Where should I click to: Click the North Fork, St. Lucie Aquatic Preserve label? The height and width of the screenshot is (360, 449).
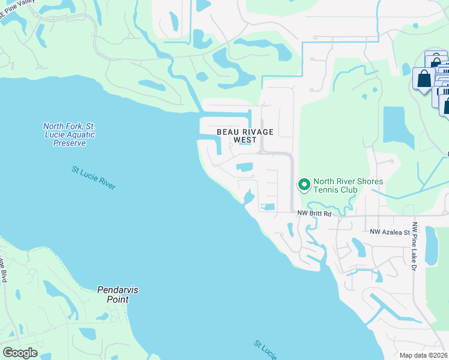coord(69,134)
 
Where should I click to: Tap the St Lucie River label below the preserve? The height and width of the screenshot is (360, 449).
coord(93,178)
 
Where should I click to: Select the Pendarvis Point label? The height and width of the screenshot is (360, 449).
coord(118,294)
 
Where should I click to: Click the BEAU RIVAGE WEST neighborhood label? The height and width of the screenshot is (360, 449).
coord(245,136)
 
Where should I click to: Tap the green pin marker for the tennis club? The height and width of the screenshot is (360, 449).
coord(304,185)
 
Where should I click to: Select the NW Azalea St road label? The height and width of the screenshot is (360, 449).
coord(389,232)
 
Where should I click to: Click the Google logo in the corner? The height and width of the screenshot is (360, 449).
coord(20,353)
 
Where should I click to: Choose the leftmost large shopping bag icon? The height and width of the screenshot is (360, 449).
coord(424,79)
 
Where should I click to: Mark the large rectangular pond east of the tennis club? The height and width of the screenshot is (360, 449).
coord(398,128)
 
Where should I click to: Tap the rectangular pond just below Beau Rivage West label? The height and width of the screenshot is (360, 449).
coord(244,167)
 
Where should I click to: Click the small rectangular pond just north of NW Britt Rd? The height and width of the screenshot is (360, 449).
coord(268,207)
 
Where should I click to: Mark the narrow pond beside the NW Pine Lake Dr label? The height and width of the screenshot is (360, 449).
coord(431,246)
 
